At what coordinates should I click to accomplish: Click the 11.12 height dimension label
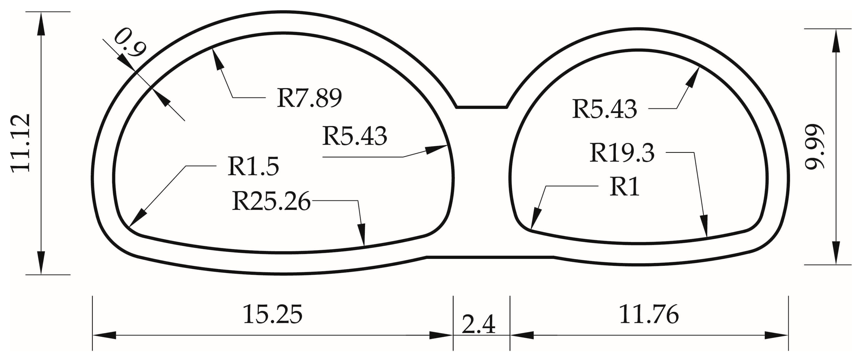[x=21, y=144]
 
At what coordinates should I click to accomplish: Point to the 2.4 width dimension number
[x=478, y=324]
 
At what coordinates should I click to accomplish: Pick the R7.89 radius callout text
[x=309, y=98]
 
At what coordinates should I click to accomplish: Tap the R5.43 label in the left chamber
[x=355, y=136]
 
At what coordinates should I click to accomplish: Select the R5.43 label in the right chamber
[x=604, y=109]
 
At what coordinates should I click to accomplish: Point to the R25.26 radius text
[x=271, y=201]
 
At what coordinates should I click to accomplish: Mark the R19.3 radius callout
[x=622, y=153]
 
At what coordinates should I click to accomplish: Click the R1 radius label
[x=624, y=187]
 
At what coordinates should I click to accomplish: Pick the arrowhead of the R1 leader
[x=535, y=219]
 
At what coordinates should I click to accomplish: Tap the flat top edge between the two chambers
[x=481, y=108]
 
